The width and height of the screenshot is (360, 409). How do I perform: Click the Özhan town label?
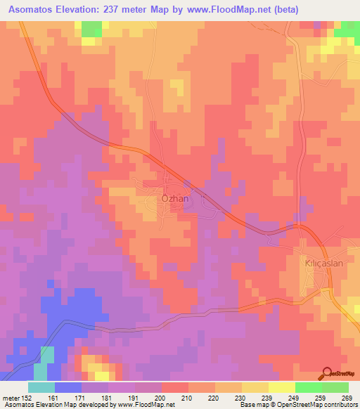coord(176,199)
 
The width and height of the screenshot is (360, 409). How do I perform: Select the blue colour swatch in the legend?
coord(68,387)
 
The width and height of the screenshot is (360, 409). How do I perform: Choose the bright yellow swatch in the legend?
coord(282,387)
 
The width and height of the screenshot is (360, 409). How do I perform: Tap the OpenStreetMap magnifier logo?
coord(327,372)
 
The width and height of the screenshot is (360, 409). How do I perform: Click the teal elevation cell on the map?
coord(46,355)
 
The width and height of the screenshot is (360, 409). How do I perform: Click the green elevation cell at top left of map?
coord(91,29)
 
